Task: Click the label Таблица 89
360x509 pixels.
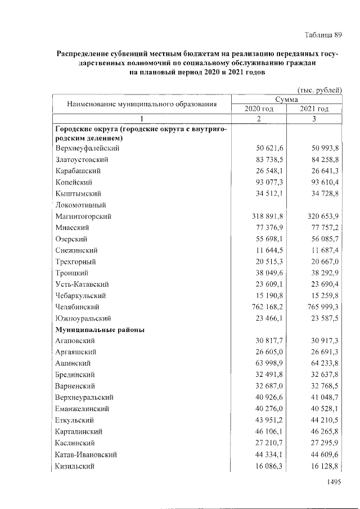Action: [x=323, y=35]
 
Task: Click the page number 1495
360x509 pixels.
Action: [x=334, y=481]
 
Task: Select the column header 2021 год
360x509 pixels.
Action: [x=314, y=109]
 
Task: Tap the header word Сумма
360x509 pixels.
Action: [x=286, y=99]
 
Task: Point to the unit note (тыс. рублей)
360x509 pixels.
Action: [x=319, y=89]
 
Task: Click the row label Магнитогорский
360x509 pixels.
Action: [x=83, y=216]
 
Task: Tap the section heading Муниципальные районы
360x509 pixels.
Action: [x=100, y=330]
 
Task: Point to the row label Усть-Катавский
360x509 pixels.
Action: [x=82, y=285]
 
